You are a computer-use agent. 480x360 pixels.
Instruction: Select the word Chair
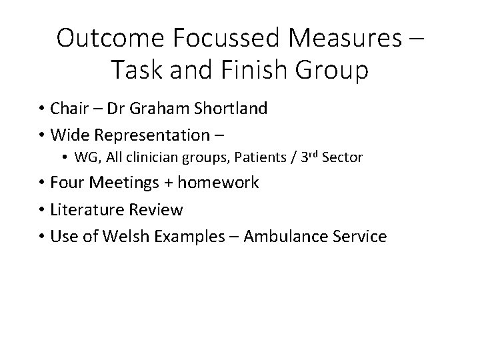click(x=63, y=109)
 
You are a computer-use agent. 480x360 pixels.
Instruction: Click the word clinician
click(x=148, y=158)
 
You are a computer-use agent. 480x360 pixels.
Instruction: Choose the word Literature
click(x=80, y=209)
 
